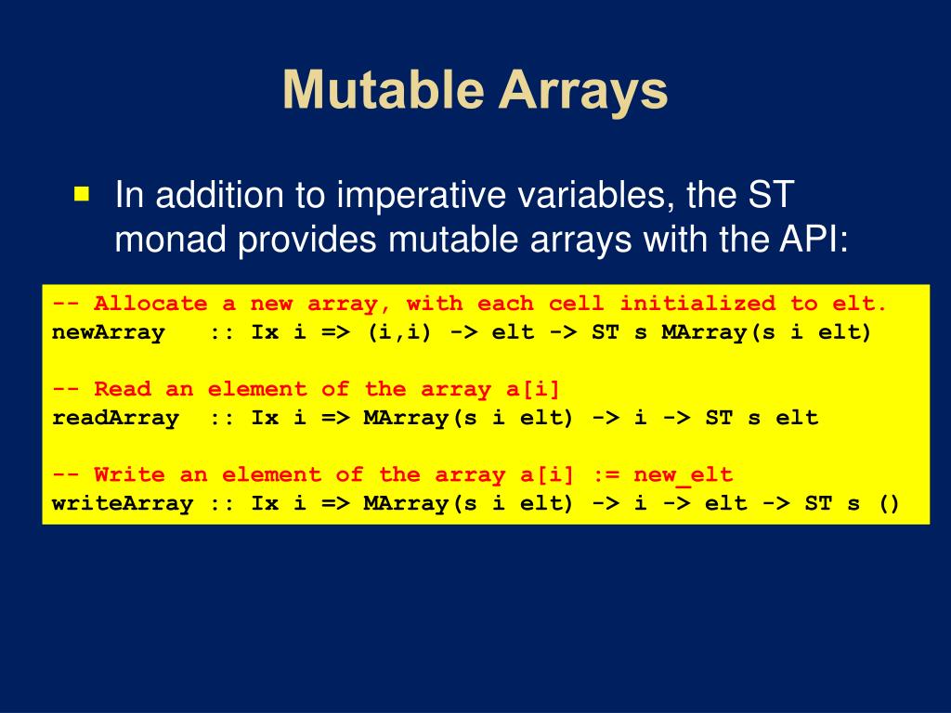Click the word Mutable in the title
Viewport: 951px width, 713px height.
coord(384,90)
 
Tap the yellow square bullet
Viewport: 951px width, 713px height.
coord(82,193)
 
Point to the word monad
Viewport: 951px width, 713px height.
coord(171,239)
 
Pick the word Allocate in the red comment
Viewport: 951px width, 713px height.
coord(150,304)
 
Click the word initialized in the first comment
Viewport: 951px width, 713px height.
coord(697,304)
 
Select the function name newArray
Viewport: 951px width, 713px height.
coord(109,332)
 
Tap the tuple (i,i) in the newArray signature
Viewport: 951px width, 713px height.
coord(399,332)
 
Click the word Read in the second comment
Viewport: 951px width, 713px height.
coord(123,389)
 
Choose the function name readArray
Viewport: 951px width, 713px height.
coord(115,418)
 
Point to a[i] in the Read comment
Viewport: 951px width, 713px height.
coord(532,389)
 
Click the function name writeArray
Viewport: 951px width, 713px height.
coord(123,503)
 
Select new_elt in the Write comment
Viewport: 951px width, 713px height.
coord(683,474)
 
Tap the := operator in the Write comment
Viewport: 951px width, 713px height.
coord(606,474)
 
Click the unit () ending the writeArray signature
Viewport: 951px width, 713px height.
coord(889,503)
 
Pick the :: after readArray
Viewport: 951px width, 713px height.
coord(222,419)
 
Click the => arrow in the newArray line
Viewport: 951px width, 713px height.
coord(335,332)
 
